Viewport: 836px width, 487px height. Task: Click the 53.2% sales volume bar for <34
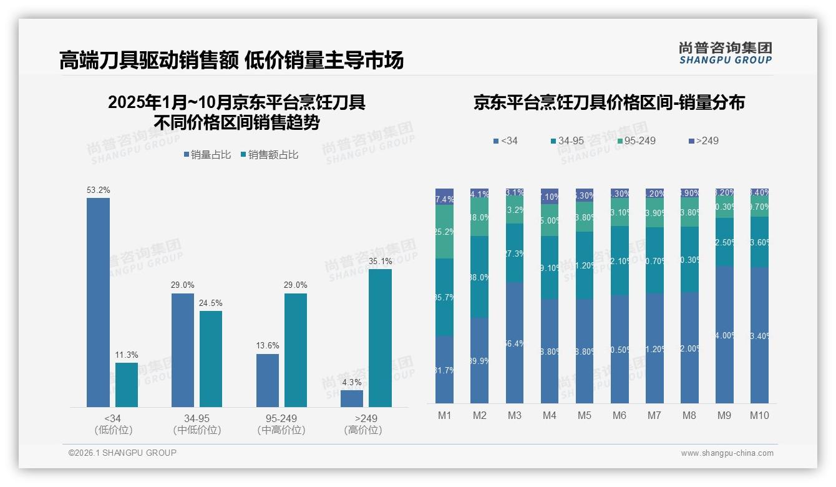pyautogui.click(x=98, y=303)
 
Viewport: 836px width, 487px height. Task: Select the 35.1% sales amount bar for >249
pyautogui.click(x=380, y=338)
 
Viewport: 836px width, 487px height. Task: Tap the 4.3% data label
pyautogui.click(x=352, y=382)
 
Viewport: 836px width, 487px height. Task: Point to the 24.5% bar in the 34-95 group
pyautogui.click(x=211, y=359)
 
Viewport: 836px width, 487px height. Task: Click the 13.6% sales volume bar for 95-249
pyautogui.click(x=268, y=380)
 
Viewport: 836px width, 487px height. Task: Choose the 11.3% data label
pyautogui.click(x=127, y=355)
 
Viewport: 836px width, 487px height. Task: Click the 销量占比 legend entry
pyautogui.click(x=207, y=155)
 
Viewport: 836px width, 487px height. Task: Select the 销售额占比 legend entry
pyautogui.click(x=269, y=155)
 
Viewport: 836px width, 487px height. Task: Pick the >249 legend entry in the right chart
pyautogui.click(x=703, y=141)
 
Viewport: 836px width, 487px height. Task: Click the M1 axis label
pyautogui.click(x=444, y=415)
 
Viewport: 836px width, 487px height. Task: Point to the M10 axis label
pyautogui.click(x=759, y=415)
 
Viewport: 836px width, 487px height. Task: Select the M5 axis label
pyautogui.click(x=584, y=415)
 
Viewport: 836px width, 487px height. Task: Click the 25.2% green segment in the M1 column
pyautogui.click(x=444, y=232)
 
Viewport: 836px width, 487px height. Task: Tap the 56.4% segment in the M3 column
pyautogui.click(x=515, y=342)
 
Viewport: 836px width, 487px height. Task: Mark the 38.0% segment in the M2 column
pyautogui.click(x=479, y=277)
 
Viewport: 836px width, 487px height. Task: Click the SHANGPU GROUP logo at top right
pyautogui.click(x=725, y=53)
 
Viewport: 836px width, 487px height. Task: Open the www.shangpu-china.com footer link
pyautogui.click(x=727, y=453)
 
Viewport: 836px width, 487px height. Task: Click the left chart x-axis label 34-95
pyautogui.click(x=197, y=418)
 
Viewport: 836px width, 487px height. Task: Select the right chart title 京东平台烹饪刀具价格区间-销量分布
pyautogui.click(x=609, y=103)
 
